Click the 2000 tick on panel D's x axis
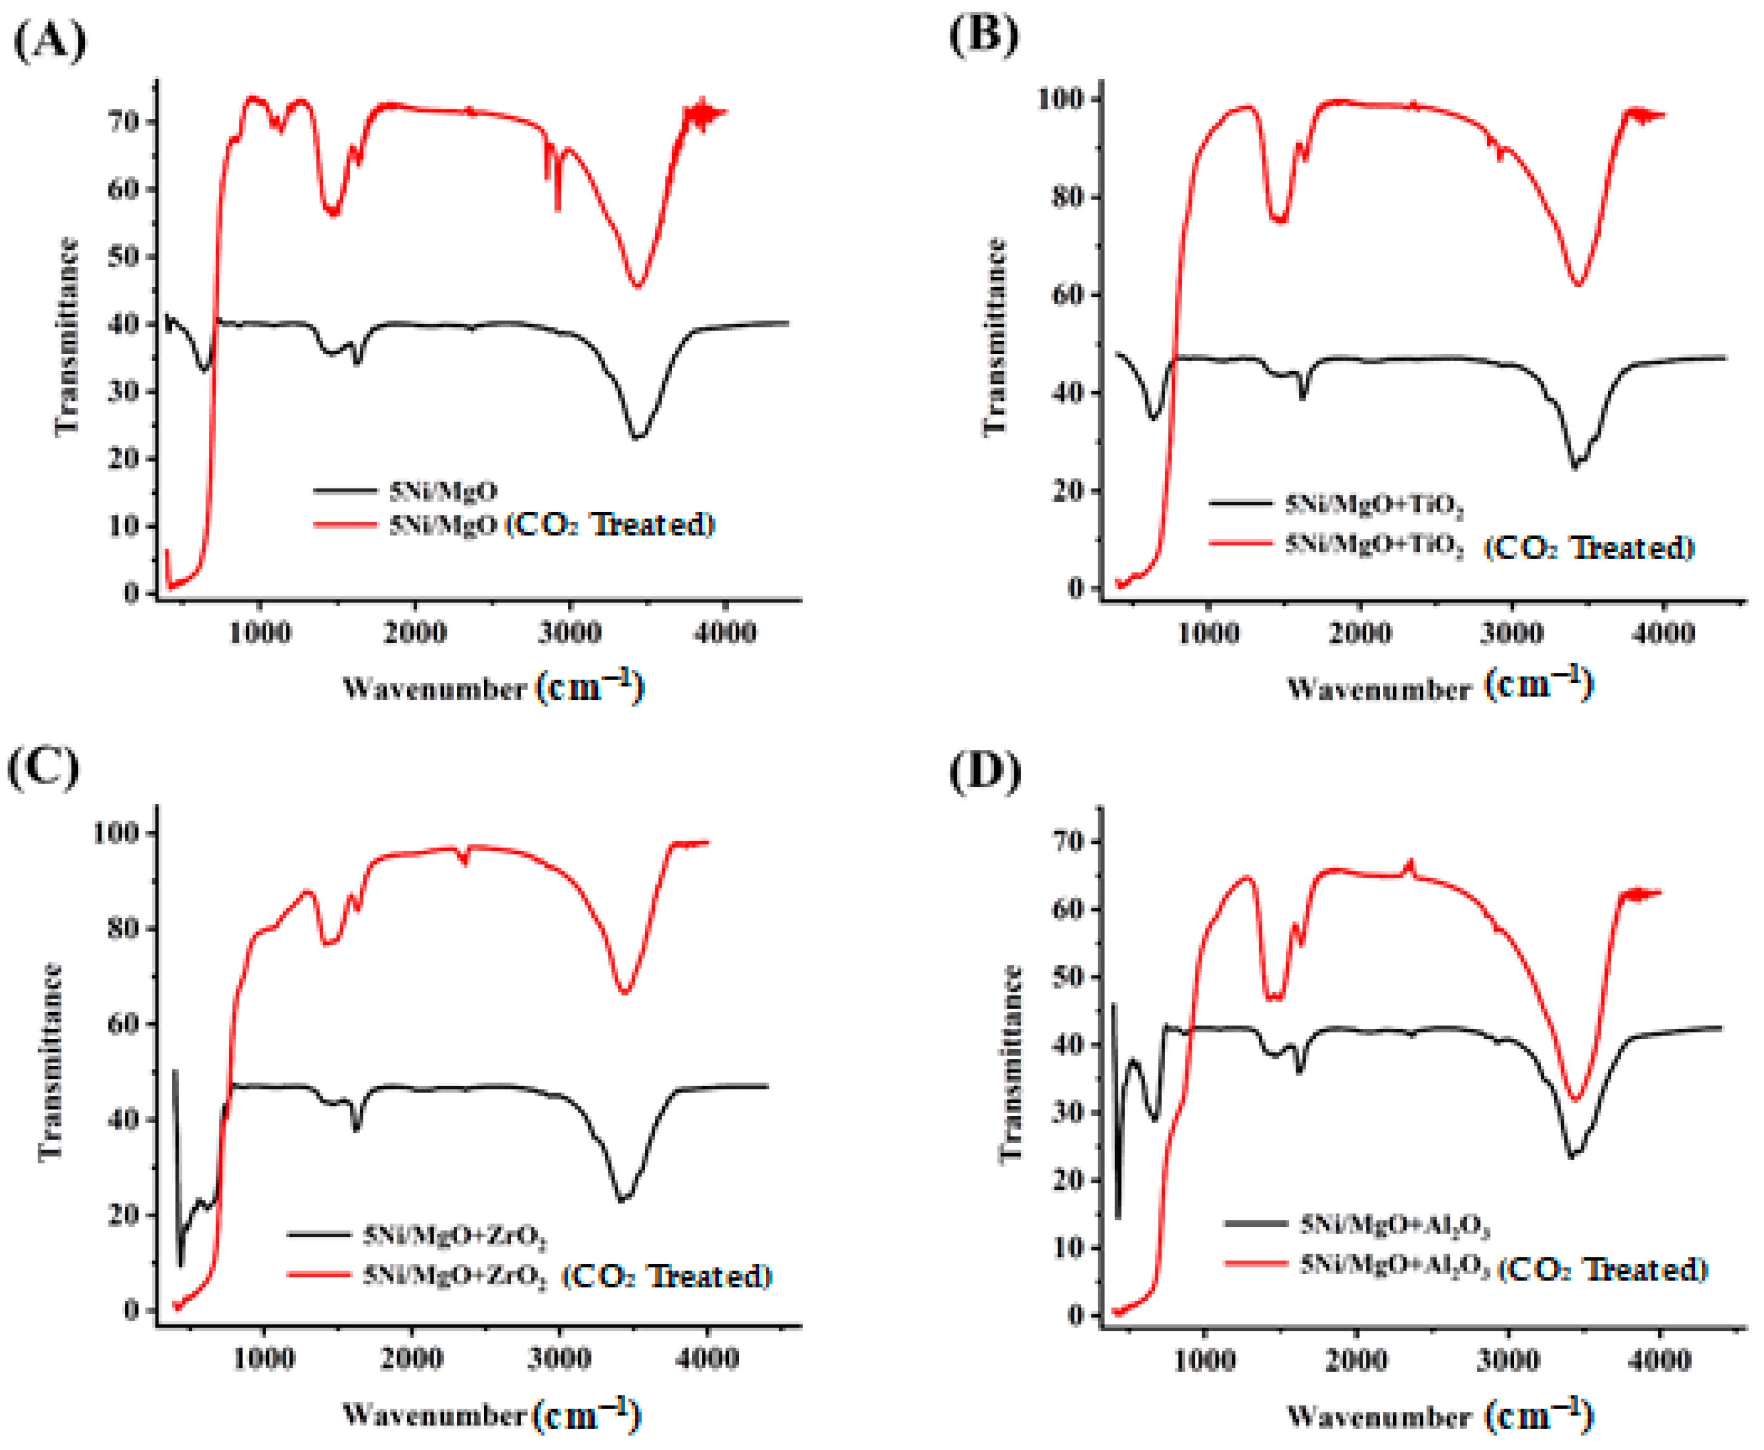1357,1360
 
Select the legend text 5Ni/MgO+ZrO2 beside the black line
455,1234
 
